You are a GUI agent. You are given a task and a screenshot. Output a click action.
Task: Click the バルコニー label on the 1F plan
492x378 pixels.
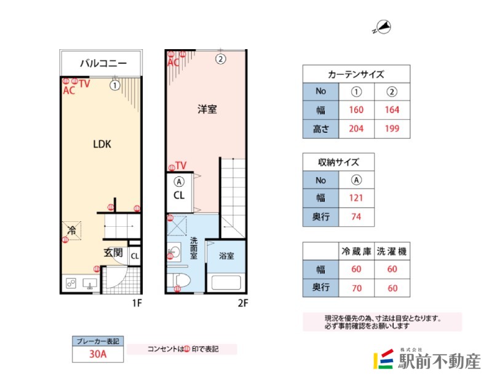click(103, 63)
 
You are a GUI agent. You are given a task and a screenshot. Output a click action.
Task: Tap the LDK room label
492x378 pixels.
click(102, 144)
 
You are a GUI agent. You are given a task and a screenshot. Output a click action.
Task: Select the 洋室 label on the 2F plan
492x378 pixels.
click(207, 109)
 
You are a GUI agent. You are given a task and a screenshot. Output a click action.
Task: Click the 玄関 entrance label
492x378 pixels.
click(113, 253)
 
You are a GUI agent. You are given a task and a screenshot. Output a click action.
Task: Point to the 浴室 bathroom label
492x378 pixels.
click(226, 256)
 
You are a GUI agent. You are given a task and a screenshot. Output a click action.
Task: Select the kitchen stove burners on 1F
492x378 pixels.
click(71, 283)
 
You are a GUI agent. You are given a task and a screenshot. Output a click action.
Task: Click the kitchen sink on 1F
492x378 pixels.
click(90, 284)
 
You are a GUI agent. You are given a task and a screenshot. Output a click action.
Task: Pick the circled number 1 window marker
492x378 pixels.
click(115, 85)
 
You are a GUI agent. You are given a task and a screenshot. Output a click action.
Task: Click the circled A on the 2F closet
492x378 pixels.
click(179, 182)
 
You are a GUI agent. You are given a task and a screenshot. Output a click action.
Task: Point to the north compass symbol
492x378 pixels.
click(383, 27)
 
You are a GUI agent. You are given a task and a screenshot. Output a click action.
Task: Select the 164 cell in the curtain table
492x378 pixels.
click(392, 110)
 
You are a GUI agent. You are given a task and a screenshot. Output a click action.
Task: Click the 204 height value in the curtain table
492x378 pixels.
click(356, 128)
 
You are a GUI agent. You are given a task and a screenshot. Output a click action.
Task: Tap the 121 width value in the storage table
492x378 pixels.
click(356, 198)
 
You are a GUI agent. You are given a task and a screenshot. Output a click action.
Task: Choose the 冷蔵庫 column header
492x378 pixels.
click(357, 251)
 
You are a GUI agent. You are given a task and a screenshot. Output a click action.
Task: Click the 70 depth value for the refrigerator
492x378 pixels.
click(357, 288)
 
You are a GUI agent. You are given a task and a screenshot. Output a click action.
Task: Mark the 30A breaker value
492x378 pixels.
click(98, 354)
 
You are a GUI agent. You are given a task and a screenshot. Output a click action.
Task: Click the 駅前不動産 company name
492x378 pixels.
click(439, 361)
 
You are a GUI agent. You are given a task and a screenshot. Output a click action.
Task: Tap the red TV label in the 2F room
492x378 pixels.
click(181, 165)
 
